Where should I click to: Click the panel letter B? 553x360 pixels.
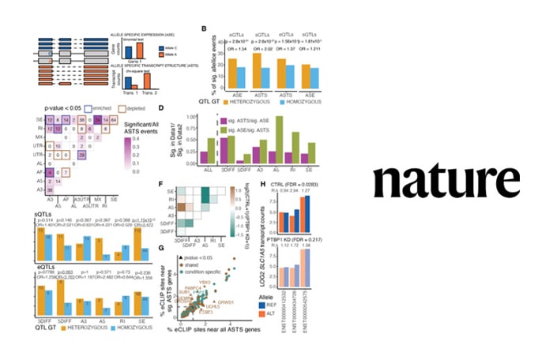pyautogui.click(x=205, y=29)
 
